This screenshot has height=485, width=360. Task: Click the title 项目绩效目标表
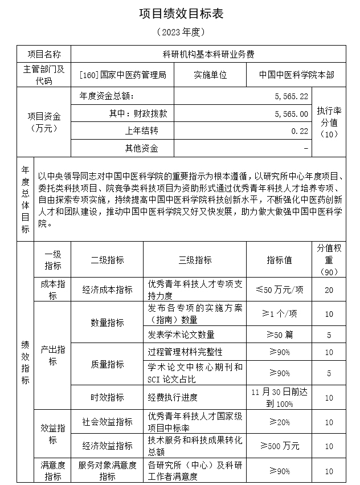(x=179, y=14)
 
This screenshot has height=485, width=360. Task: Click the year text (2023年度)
(x=179, y=32)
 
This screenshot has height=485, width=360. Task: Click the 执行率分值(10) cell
(x=329, y=122)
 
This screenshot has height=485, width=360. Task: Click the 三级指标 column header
(x=195, y=260)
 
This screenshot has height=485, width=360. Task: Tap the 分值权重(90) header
(x=329, y=260)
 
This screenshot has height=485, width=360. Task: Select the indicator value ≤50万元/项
(x=280, y=290)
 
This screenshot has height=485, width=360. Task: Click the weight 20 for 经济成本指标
(x=329, y=290)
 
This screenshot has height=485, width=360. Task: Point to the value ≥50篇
(x=280, y=335)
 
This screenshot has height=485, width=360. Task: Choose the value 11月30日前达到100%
(x=280, y=397)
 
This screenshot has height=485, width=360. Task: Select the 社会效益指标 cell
(x=107, y=422)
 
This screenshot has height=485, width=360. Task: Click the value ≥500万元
(x=280, y=446)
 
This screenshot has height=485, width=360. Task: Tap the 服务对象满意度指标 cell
(x=107, y=471)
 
